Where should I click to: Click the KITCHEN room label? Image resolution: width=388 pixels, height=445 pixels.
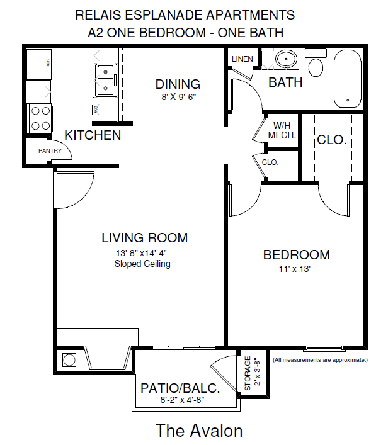[x=93, y=135]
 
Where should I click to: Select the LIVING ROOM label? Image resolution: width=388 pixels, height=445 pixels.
[x=144, y=238]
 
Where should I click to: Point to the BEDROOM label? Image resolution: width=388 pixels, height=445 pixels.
[x=296, y=255]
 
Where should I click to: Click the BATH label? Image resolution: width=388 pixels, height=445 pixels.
[x=285, y=82]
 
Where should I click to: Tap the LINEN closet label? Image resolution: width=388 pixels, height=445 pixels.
[x=243, y=60]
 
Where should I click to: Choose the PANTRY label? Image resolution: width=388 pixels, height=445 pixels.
[x=50, y=151]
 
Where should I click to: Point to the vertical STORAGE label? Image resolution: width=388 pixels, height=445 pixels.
[x=248, y=374]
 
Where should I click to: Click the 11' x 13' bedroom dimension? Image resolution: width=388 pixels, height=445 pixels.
[x=296, y=269]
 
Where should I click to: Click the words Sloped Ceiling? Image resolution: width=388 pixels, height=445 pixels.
[x=142, y=264]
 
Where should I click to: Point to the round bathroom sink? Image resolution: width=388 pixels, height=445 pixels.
[x=287, y=59]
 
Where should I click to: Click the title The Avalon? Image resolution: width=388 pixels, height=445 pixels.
[x=199, y=431]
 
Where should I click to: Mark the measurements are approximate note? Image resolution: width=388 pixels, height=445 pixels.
[x=320, y=360]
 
